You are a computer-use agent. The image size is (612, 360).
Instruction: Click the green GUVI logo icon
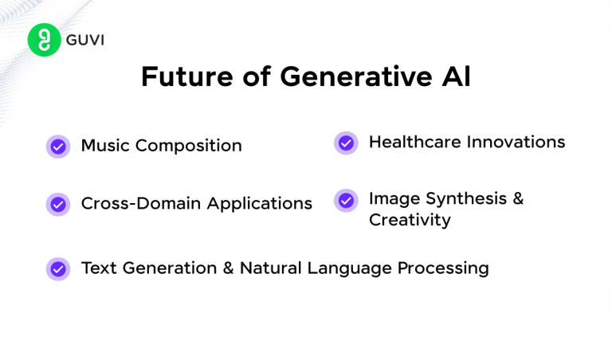(44, 40)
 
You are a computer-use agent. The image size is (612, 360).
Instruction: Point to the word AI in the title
(453, 76)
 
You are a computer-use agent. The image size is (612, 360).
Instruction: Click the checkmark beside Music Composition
(58, 147)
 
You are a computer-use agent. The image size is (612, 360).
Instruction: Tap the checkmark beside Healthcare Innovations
(346, 143)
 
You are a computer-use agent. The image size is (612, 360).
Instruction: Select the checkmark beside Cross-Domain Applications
(58, 204)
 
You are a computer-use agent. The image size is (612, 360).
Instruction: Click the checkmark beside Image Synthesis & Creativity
(346, 200)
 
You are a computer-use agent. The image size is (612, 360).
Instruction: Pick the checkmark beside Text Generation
(58, 268)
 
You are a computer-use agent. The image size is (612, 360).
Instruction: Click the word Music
(106, 146)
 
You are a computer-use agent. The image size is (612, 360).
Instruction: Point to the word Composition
(189, 147)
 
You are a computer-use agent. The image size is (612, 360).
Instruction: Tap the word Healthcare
(414, 142)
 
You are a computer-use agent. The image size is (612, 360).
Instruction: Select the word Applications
(260, 204)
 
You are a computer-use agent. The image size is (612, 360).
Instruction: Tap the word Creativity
(410, 220)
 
